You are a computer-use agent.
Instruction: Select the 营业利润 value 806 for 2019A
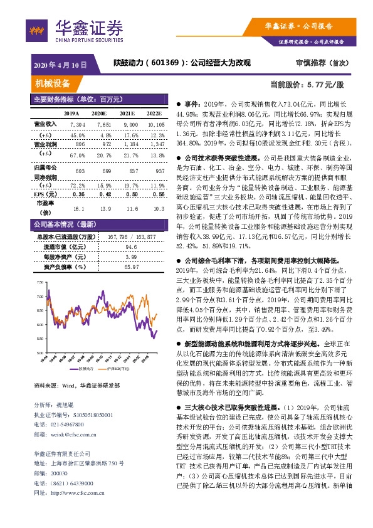[80, 144]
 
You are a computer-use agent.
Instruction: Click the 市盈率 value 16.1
[79, 208]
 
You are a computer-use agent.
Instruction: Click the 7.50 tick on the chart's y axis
[39, 283]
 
